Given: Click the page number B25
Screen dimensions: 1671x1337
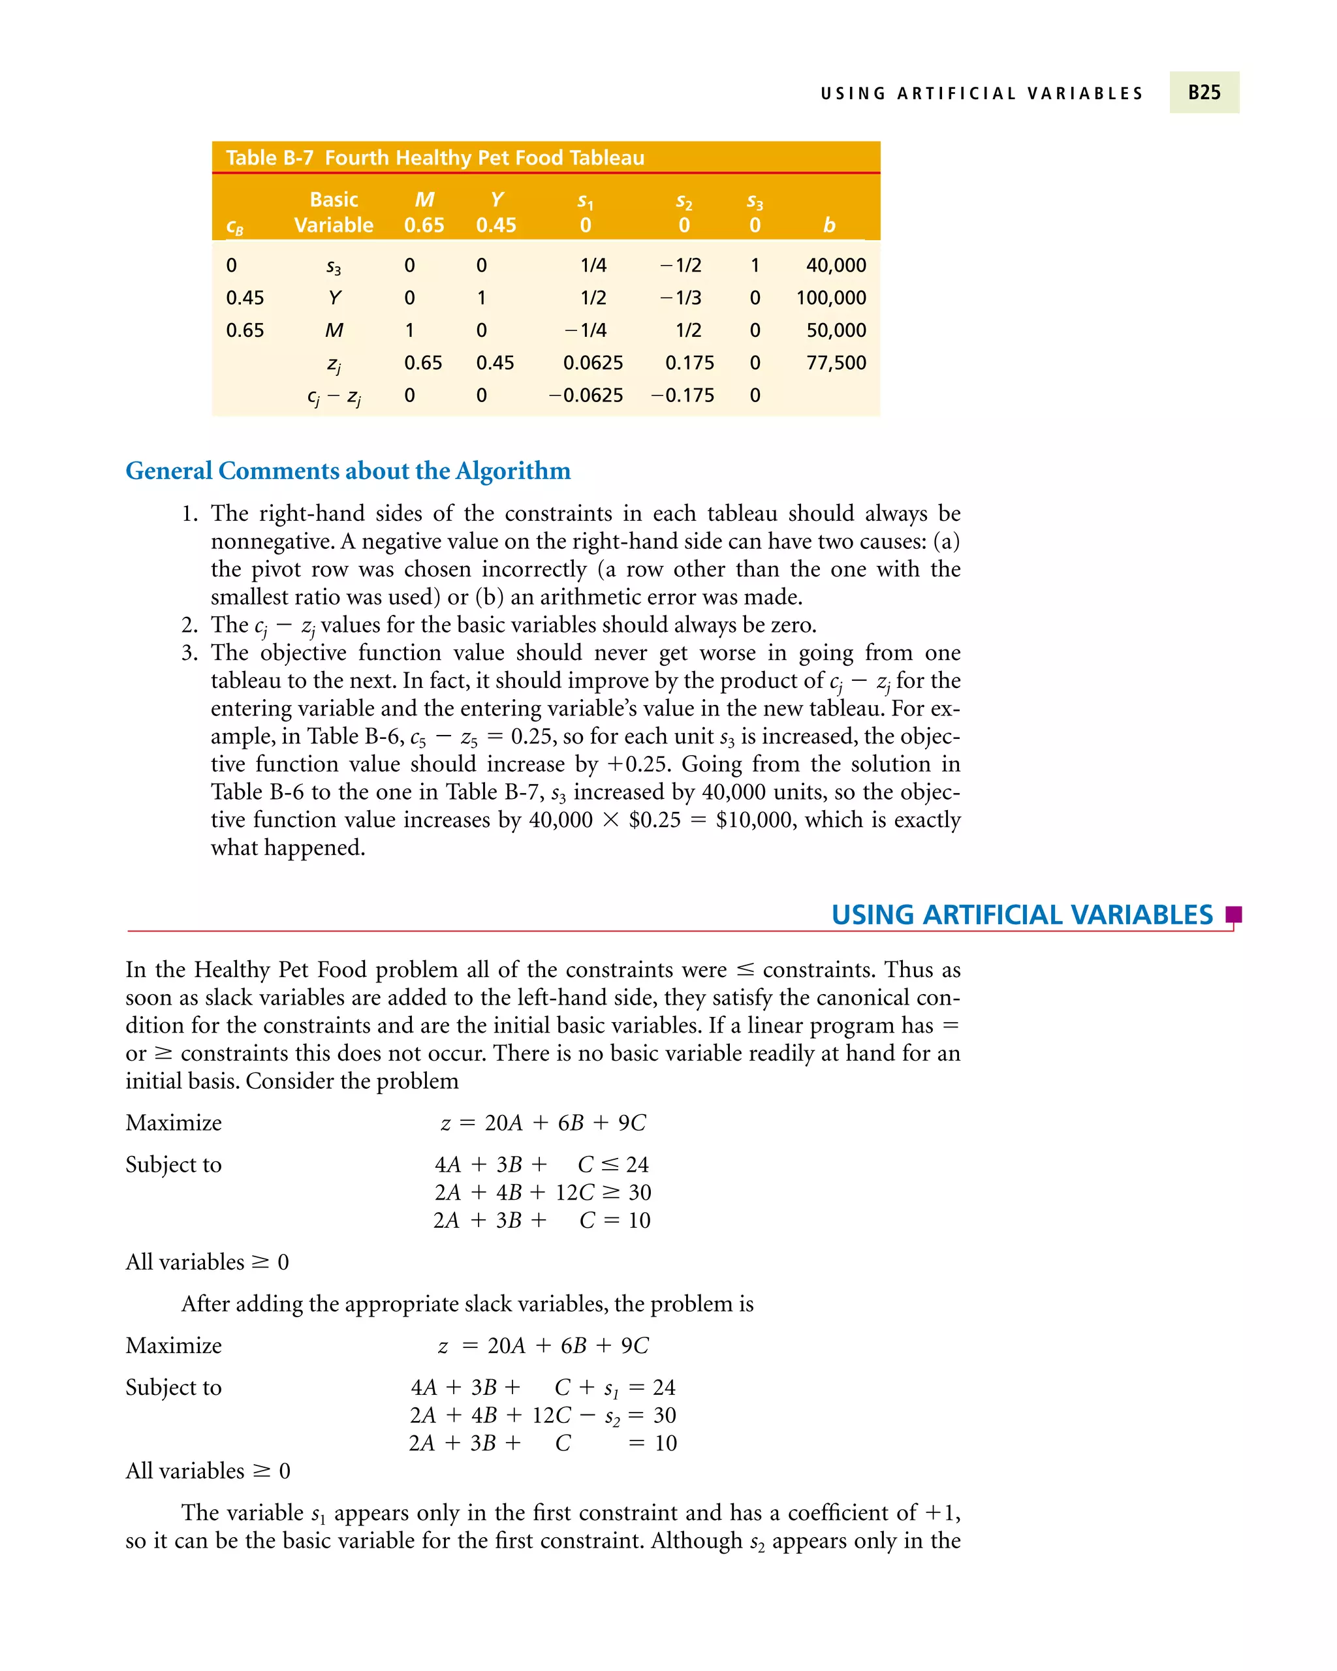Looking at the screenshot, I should coord(1204,92).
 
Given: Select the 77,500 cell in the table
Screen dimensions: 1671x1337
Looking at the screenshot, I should coord(836,363).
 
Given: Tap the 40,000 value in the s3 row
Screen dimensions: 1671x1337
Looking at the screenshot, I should coord(836,265).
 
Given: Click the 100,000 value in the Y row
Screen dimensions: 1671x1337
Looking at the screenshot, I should coord(831,298).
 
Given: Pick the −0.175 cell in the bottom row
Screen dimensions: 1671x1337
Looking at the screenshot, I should coord(682,396).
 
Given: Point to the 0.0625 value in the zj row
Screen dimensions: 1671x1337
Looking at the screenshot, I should coord(593,363).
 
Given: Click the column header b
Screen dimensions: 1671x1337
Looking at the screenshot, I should coord(829,226).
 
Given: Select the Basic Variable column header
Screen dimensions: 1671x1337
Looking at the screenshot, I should coord(334,212).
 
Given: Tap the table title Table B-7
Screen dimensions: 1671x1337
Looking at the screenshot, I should coord(269,158).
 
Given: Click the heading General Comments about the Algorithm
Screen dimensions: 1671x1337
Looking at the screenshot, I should coord(348,471).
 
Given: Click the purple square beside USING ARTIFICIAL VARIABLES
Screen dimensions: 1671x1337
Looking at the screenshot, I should coord(1233,914).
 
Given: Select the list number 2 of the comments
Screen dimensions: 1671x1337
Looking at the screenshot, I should coord(189,625).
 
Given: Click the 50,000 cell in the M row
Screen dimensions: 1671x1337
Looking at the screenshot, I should coord(836,330).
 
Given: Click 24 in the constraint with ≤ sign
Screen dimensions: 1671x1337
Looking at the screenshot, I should coord(637,1165).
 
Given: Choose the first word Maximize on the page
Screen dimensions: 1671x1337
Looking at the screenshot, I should coord(174,1123).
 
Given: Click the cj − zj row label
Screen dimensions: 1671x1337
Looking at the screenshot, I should coord(334,397).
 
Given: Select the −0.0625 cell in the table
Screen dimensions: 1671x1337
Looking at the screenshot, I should coord(586,396).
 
